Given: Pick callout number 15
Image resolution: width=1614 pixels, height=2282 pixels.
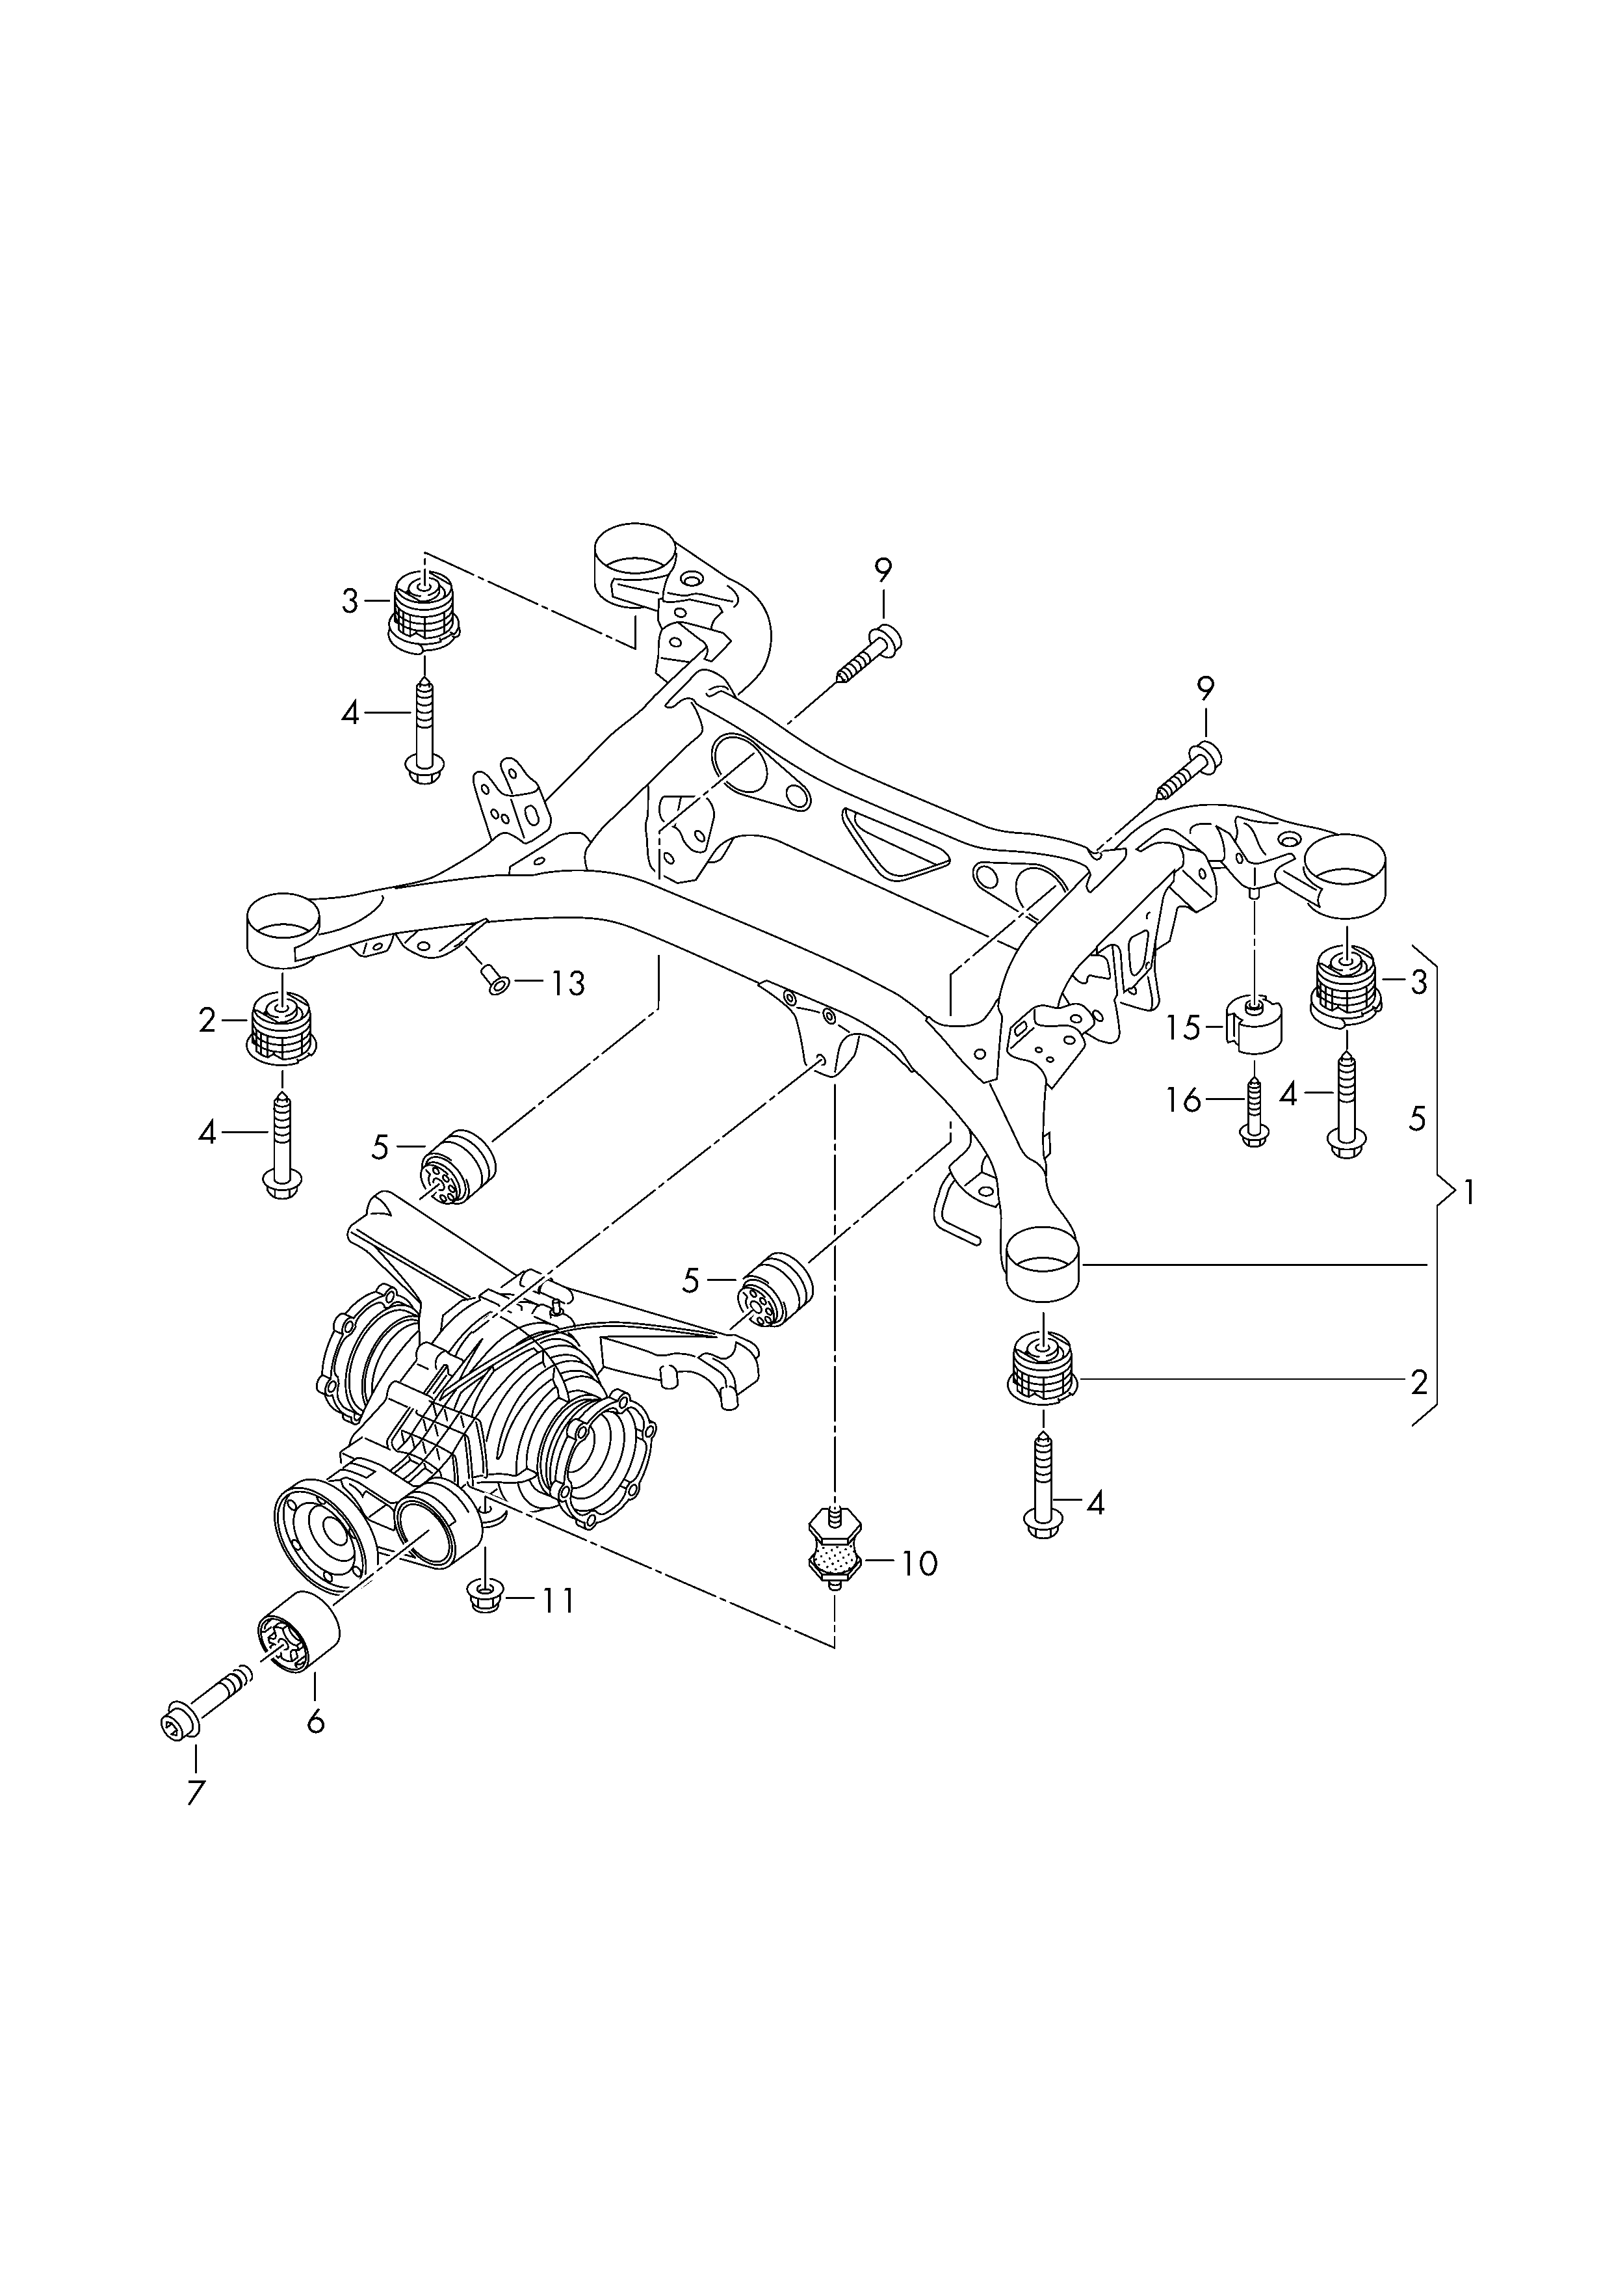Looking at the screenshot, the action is coord(1184,1027).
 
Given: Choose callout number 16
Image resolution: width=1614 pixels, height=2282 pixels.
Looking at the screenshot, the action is coord(1184,1101).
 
